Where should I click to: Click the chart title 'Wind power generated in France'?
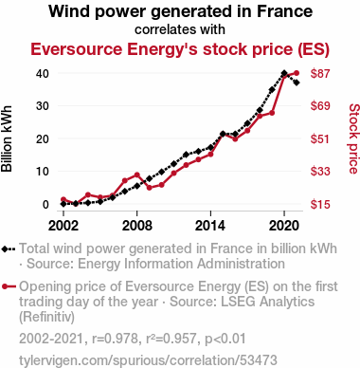[180, 11]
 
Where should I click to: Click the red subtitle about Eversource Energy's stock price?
[180, 49]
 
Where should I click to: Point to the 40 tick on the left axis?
[43, 73]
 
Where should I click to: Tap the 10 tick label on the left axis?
[43, 172]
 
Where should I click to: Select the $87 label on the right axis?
[320, 73]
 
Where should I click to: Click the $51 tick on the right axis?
[320, 138]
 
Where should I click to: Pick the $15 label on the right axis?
[320, 204]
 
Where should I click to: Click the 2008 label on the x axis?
[136, 226]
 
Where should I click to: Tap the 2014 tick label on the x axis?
[210, 226]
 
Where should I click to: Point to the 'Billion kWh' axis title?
[7, 138]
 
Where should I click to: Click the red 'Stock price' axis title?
[354, 138]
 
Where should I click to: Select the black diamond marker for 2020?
[284, 73]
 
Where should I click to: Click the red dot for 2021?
[297, 73]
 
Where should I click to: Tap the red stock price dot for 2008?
[136, 175]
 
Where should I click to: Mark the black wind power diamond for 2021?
[297, 83]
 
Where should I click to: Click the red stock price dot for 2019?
[272, 113]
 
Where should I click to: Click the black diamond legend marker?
[5, 248]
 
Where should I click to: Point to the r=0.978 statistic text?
[115, 339]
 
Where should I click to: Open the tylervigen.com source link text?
[148, 360]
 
